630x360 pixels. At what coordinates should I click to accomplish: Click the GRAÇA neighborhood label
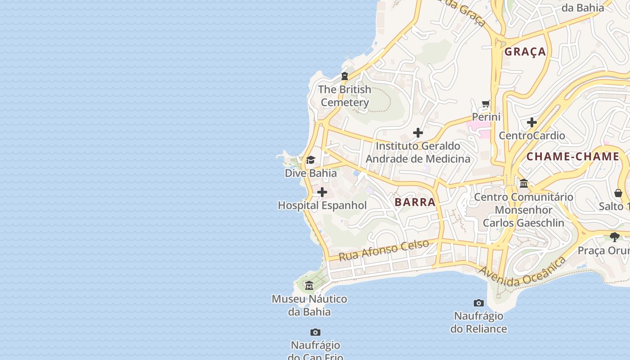525,52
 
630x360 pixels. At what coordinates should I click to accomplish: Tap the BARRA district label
415,202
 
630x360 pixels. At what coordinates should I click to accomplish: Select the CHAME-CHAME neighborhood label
573,157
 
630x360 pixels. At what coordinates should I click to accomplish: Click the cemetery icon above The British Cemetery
345,76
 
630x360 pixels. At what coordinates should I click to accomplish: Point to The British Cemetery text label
345,96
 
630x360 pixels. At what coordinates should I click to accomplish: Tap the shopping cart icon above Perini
486,104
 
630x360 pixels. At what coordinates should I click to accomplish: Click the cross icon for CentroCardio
532,122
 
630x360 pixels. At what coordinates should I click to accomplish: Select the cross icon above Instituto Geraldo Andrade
418,133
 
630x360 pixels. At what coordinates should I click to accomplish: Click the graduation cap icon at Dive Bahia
310,160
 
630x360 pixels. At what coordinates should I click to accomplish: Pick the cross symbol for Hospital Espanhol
322,193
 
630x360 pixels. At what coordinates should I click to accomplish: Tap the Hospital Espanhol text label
322,206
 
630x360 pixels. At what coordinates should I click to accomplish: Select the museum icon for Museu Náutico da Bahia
309,286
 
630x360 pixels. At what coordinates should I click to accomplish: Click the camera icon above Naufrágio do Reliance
479,303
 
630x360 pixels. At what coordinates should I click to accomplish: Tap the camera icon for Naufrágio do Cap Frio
315,333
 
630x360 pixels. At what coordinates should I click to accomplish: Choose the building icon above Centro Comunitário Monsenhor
524,184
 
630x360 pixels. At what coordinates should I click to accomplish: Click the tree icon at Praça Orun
615,237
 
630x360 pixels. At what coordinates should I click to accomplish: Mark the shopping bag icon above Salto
618,193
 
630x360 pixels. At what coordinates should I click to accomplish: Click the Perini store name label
486,117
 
